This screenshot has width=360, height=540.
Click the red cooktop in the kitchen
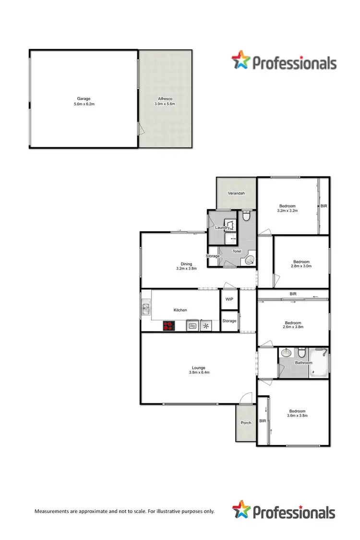(168, 326)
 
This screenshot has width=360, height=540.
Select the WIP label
(229, 299)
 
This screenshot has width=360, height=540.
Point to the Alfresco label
(165, 98)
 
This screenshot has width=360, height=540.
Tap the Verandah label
(236, 193)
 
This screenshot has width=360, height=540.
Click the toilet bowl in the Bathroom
(301, 351)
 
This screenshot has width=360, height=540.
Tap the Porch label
(246, 423)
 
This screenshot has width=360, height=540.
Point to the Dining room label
(186, 264)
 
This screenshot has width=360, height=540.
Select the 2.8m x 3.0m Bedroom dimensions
(301, 266)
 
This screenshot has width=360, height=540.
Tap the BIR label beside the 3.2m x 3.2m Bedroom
(324, 206)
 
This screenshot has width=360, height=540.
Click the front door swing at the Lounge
(245, 399)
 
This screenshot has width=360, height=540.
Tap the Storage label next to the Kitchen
(229, 321)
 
